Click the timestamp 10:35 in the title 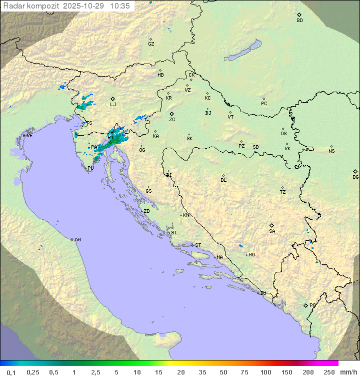tap(120, 6)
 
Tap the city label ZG tap(172, 120)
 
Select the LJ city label tap(113, 104)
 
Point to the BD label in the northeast tap(299, 21)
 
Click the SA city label tap(272, 231)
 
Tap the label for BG tap(355, 177)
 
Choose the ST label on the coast tap(198, 245)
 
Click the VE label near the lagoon tap(29, 136)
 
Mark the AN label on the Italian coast tap(77, 240)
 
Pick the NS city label tap(331, 151)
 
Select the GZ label tap(151, 44)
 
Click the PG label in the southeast tap(312, 305)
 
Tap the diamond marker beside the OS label tap(284, 128)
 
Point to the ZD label tap(146, 211)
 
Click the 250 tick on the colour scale tap(329, 372)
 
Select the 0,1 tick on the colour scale tap(11, 372)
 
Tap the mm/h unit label tap(347, 372)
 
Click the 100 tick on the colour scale tap(266, 372)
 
